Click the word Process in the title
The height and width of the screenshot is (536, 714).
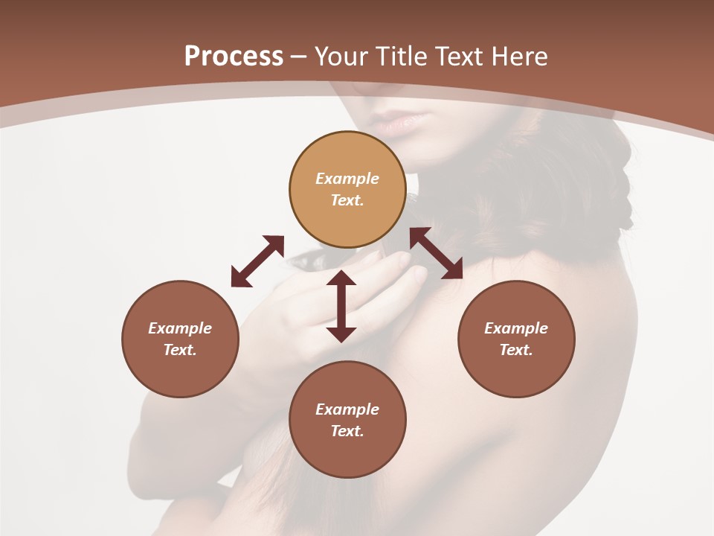[234, 57]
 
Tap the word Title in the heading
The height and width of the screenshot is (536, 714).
[402, 57]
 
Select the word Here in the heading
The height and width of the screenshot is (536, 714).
[518, 57]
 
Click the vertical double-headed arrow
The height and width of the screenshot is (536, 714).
[341, 306]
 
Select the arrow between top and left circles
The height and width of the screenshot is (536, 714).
[257, 261]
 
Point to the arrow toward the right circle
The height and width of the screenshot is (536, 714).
[437, 253]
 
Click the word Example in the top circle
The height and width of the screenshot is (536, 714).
[347, 179]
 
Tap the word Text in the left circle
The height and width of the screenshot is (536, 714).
[180, 350]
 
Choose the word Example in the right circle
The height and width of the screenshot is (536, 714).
[516, 328]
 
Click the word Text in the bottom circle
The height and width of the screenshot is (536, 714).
[347, 431]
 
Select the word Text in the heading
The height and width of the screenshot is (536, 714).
[460, 57]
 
